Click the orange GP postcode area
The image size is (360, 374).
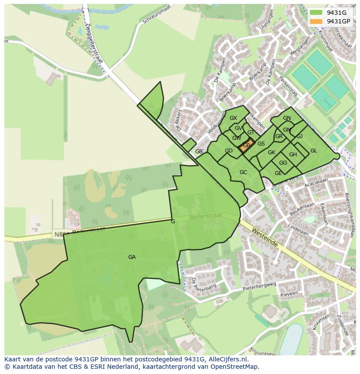(x=246, y=146)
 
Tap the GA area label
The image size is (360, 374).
(x=132, y=257)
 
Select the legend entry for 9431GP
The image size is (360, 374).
(x=339, y=21)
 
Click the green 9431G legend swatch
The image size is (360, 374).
(x=316, y=13)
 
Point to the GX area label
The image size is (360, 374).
(x=233, y=118)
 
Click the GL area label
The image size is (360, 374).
(x=313, y=151)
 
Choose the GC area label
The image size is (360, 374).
(x=243, y=172)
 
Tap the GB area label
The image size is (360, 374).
(x=199, y=152)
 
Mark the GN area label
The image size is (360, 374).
(x=287, y=118)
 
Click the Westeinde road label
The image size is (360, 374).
(x=264, y=238)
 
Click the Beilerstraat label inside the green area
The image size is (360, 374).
(x=206, y=216)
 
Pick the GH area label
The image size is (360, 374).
(x=293, y=155)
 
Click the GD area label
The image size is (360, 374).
(x=228, y=151)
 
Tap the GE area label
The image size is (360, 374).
(x=278, y=173)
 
